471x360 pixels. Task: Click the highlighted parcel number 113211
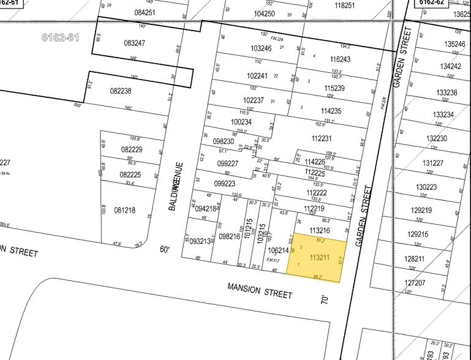tap(320, 258)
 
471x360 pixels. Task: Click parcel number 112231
tap(321, 138)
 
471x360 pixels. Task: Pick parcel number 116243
tap(340, 59)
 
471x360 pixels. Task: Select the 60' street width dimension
tap(164, 249)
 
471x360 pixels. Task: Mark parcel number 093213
tap(200, 241)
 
